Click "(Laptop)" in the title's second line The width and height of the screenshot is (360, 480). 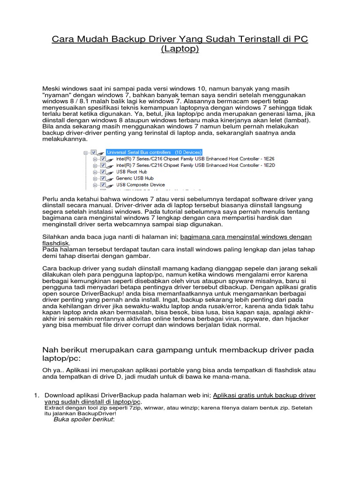click(180, 49)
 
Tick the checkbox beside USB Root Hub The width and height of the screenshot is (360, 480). click(103, 172)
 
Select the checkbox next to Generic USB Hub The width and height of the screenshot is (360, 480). click(103, 179)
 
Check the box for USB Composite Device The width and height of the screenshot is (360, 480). click(103, 185)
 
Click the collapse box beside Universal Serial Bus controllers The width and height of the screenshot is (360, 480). click(85, 152)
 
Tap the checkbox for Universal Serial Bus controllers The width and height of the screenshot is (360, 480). click(94, 152)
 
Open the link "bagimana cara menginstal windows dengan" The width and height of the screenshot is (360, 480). click(246, 237)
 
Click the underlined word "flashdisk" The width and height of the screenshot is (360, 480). click(56, 244)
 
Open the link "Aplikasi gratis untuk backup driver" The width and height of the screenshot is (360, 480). click(264, 395)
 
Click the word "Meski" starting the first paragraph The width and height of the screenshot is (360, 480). click(52, 89)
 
